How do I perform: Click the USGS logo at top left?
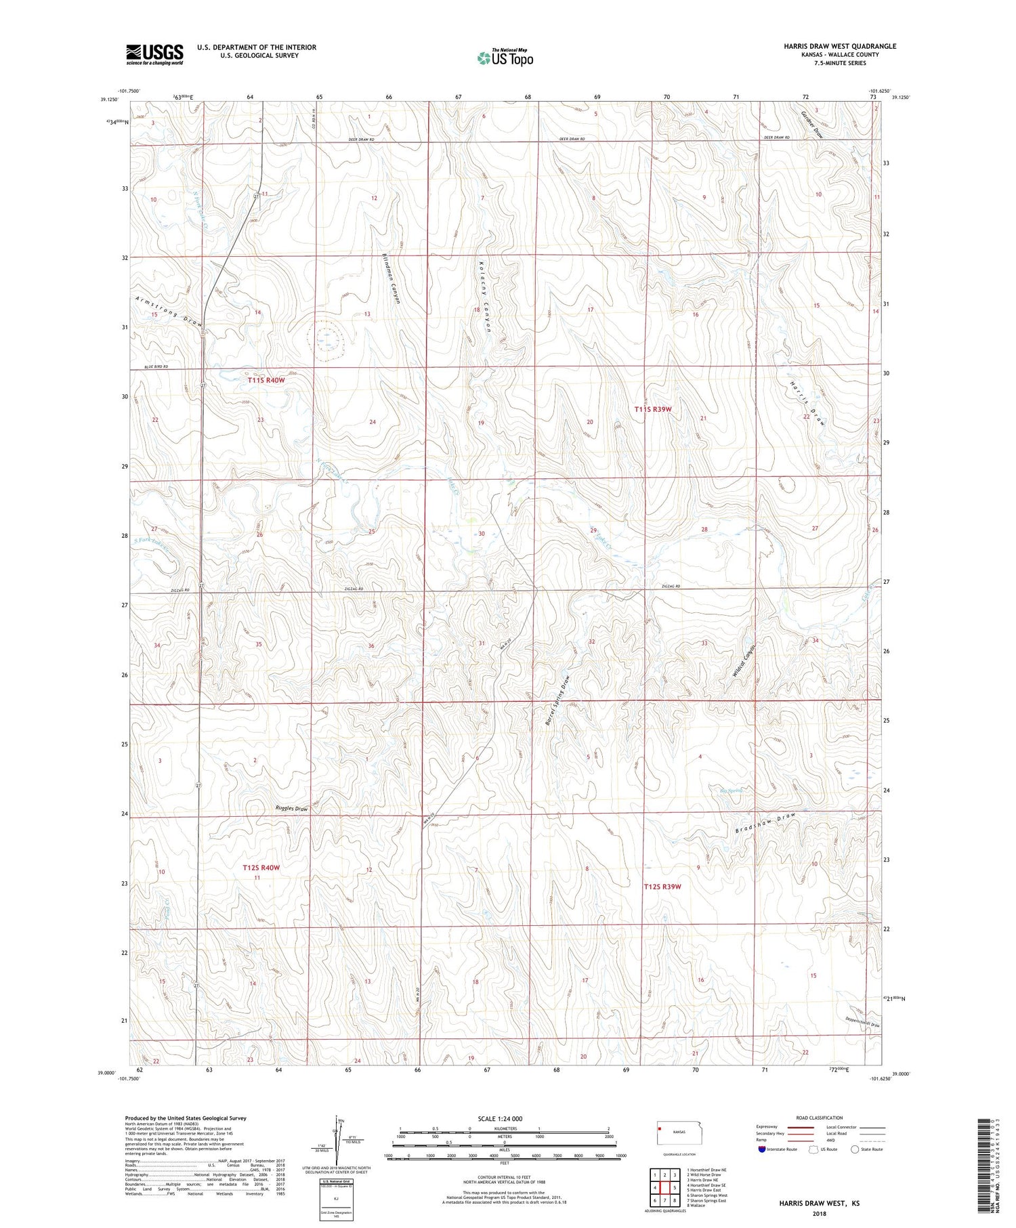coord(154,54)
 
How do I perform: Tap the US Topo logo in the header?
coord(505,58)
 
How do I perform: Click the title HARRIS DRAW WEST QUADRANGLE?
coord(839,46)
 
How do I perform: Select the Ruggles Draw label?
coord(291,809)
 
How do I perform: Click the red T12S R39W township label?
coord(662,886)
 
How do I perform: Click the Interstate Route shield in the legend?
coord(762,1149)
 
